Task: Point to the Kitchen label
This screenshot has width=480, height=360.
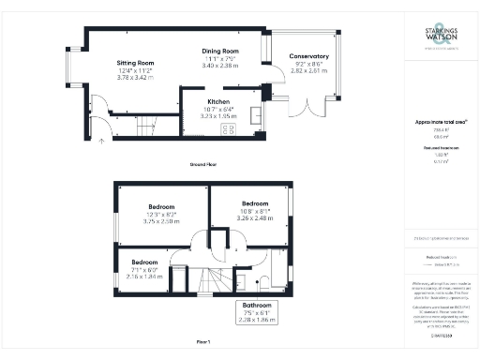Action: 218,100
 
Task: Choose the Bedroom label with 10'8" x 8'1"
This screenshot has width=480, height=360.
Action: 256,203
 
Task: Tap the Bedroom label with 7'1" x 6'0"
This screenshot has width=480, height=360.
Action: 144,262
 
